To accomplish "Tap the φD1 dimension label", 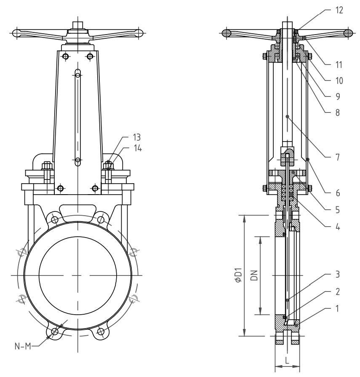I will [x=238, y=275].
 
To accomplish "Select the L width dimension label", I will [x=287, y=361].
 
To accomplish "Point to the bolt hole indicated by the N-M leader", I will [x=54, y=332].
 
